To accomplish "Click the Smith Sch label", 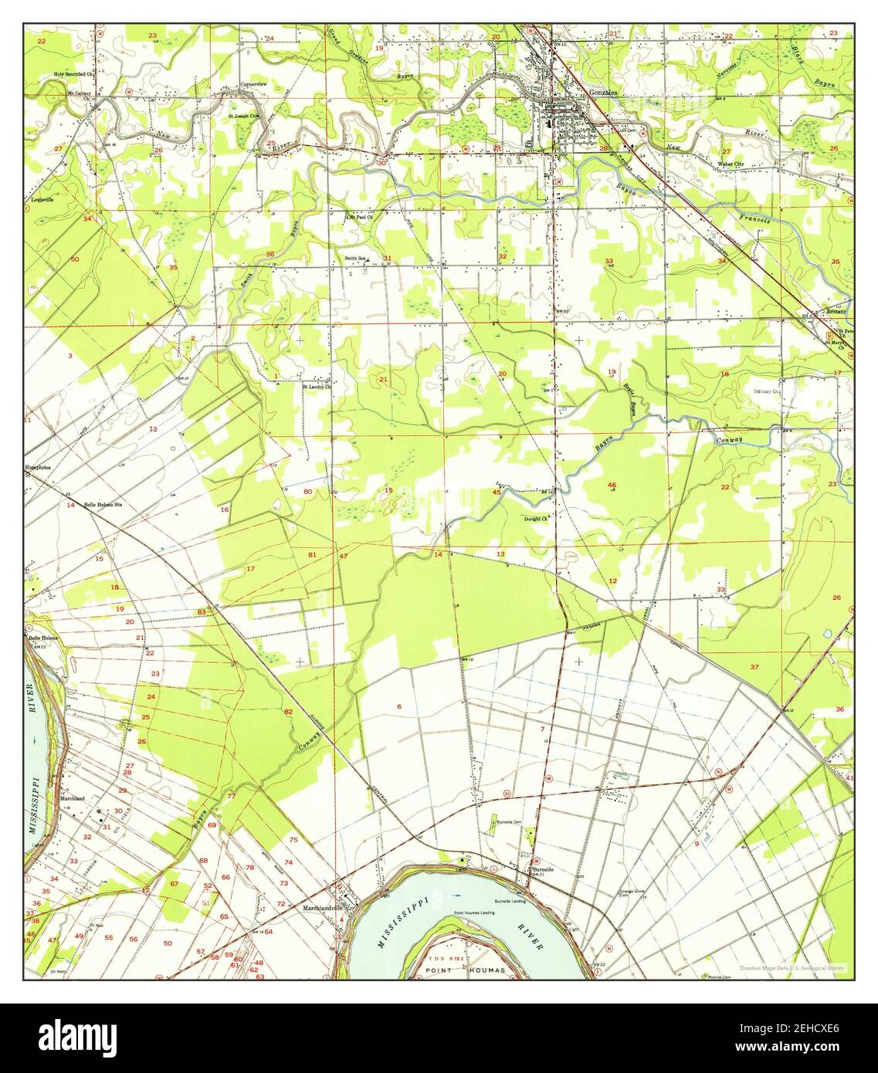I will point(356,258).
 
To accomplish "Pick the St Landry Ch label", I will point(316,387).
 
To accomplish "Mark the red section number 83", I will point(201,612).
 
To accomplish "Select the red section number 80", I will point(307,492).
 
